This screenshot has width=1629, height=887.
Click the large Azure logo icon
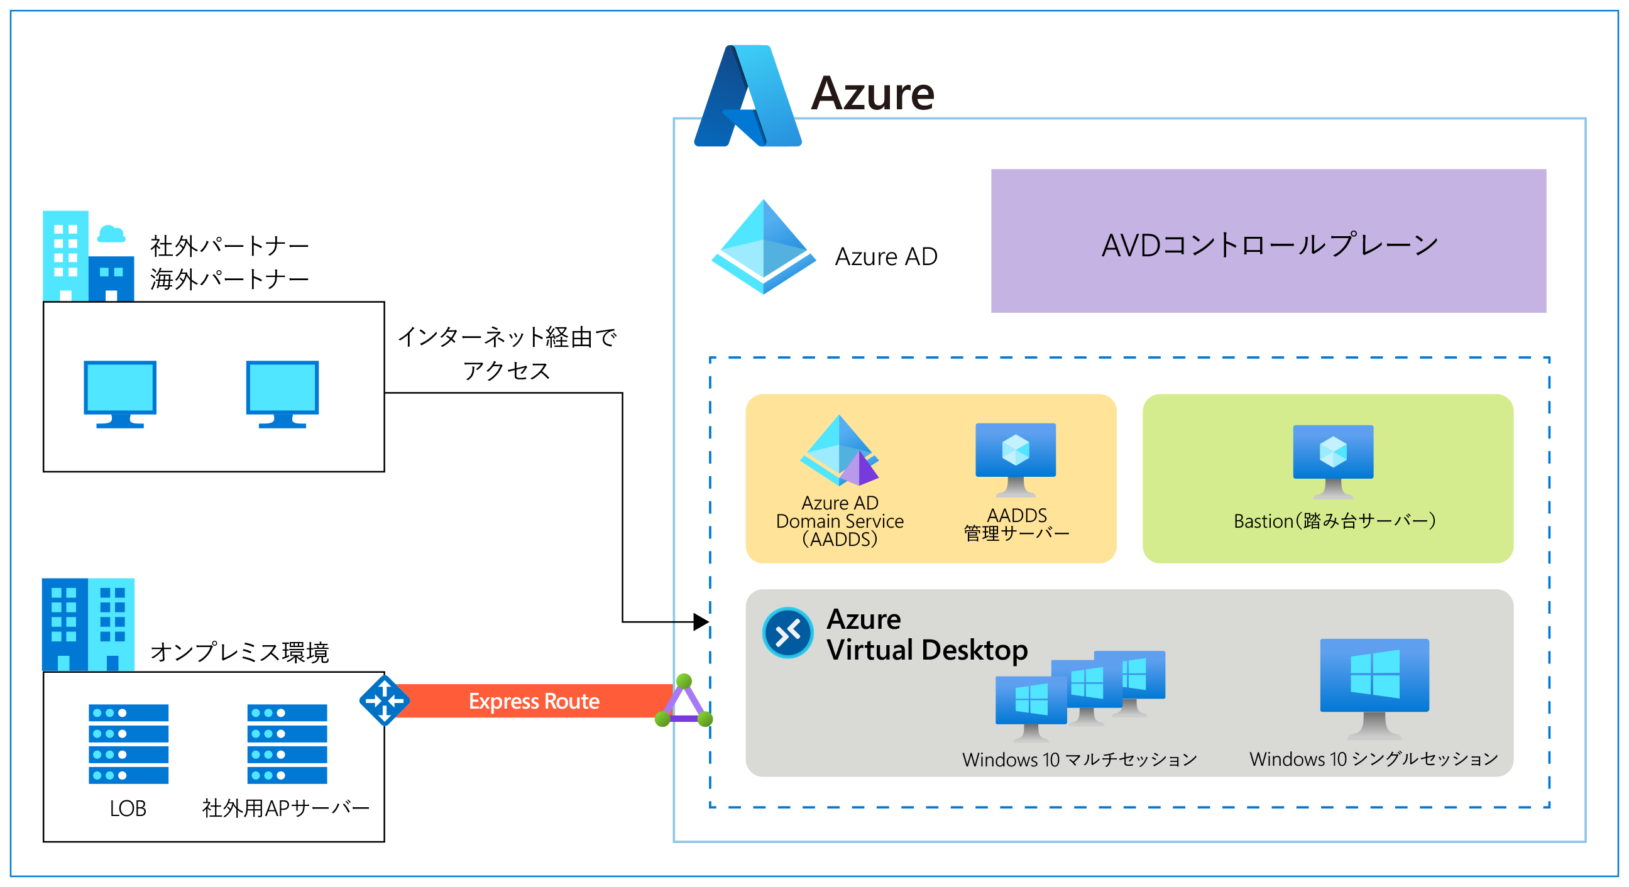747,96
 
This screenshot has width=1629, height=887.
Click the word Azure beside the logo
872,94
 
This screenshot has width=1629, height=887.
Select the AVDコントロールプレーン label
1269,244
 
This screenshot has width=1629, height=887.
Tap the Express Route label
534,701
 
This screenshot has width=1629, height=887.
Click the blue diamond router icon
384,700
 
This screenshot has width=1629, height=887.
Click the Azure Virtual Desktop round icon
787,633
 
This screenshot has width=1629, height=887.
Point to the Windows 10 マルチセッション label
1080,759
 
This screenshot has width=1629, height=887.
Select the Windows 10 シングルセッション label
1373,759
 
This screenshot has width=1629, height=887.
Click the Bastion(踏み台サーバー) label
1334,521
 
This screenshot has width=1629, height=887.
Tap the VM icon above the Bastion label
1333,460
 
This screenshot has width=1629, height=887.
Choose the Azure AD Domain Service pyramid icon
840,451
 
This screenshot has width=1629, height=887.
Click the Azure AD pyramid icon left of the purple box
763,247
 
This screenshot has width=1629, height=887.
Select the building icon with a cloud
89,256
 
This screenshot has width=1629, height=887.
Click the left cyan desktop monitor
120,394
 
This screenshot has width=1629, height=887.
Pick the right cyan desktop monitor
282,394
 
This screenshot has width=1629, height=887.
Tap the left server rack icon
128,744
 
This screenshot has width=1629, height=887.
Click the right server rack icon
287,744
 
